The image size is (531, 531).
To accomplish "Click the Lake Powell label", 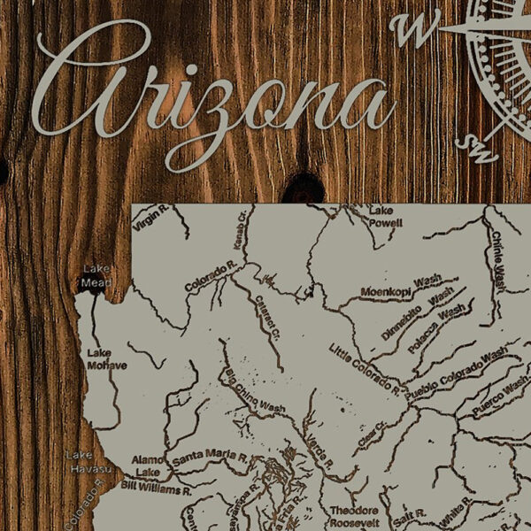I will (381, 217).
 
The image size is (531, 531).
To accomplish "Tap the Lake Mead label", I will (96, 275).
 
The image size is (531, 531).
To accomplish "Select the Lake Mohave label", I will (106, 358).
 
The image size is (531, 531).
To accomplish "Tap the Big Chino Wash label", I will (254, 394).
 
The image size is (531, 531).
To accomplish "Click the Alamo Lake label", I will (146, 466).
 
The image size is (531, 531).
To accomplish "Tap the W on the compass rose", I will (413, 31).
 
